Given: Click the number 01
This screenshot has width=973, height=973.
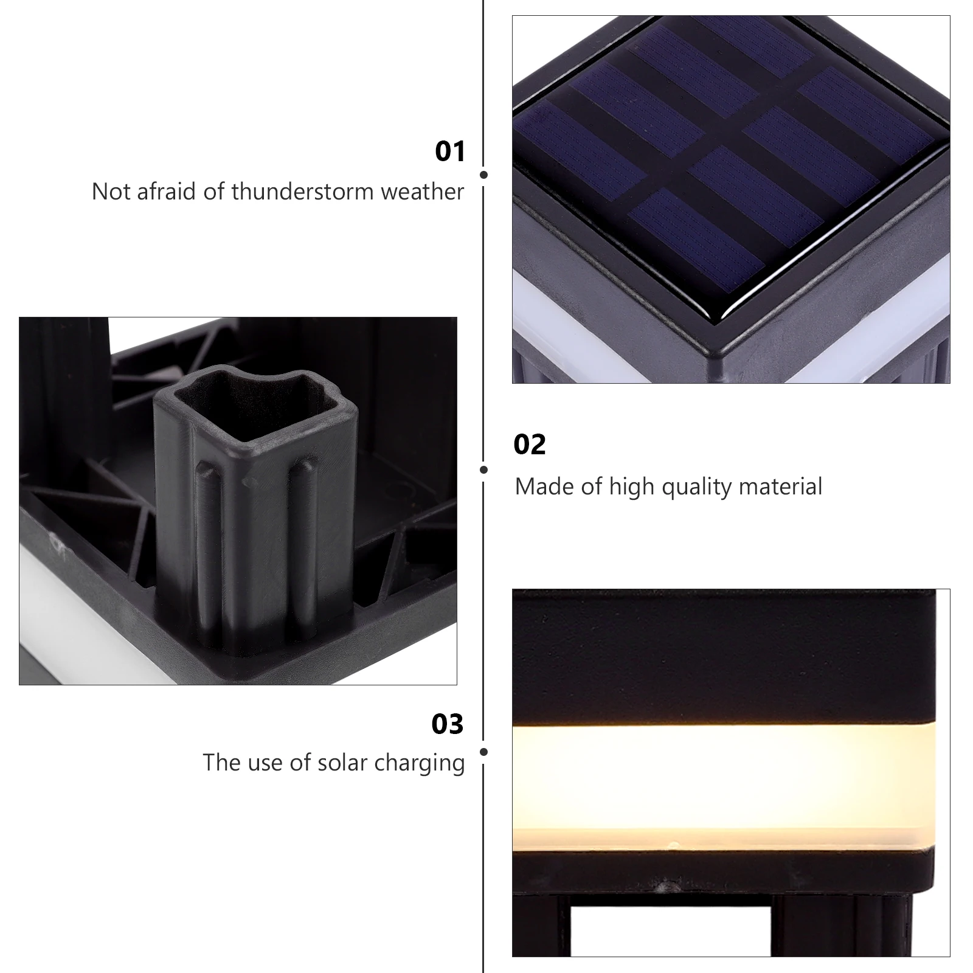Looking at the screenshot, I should [x=450, y=151].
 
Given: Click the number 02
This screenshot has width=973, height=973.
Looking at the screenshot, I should [x=529, y=445].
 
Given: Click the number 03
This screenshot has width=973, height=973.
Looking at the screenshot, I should [x=447, y=724].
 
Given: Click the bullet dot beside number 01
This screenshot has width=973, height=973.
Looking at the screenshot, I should [x=483, y=175].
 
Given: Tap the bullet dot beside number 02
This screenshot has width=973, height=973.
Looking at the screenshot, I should [x=483, y=469].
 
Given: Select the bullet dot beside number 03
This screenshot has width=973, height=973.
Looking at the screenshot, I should [x=483, y=752].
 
